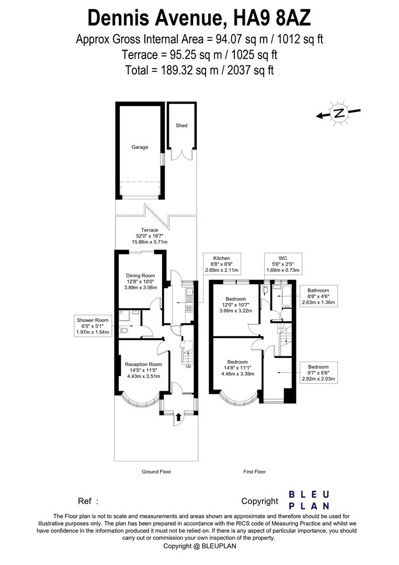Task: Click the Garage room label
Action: (x=139, y=147)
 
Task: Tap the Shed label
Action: (x=181, y=126)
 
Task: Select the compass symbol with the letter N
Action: (x=339, y=113)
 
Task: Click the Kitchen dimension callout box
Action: (x=221, y=265)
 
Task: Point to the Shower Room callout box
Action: (x=93, y=326)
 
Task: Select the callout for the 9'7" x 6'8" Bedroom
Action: (x=318, y=373)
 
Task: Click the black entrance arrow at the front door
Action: (x=179, y=417)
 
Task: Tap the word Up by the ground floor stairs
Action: (x=188, y=366)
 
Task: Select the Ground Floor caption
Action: (x=156, y=472)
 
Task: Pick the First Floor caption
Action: (x=255, y=472)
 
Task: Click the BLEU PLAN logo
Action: (x=309, y=500)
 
